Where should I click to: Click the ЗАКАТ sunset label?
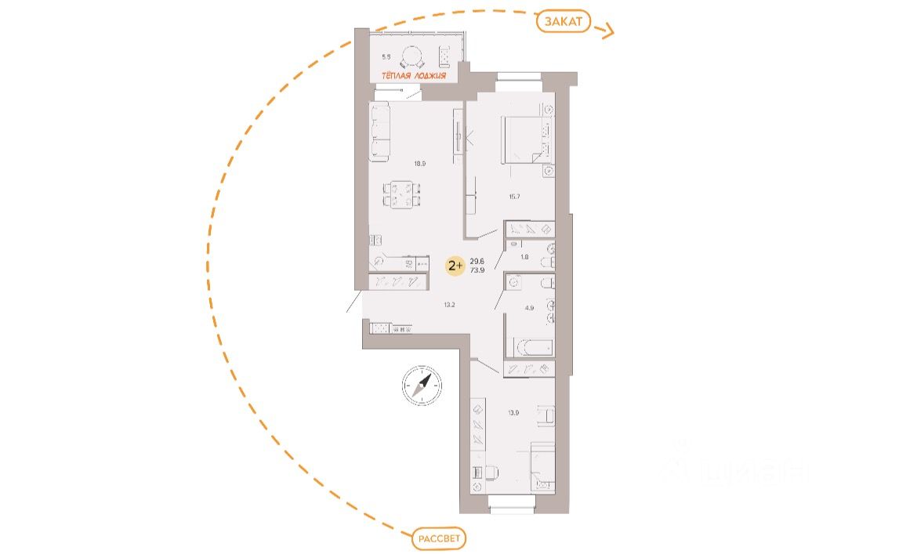(x=564, y=22)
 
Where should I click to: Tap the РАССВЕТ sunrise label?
(x=438, y=539)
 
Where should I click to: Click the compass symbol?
(x=420, y=386)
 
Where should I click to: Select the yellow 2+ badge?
(x=454, y=266)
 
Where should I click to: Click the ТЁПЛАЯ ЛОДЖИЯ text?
(x=414, y=76)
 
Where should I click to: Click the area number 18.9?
(x=420, y=164)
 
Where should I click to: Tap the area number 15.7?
(x=514, y=196)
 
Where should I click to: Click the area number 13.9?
(x=513, y=413)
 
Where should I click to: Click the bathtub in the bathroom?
(x=531, y=346)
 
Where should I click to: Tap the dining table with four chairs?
(x=402, y=194)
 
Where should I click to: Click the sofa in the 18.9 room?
(x=380, y=134)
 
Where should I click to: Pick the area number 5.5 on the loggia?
(x=386, y=57)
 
